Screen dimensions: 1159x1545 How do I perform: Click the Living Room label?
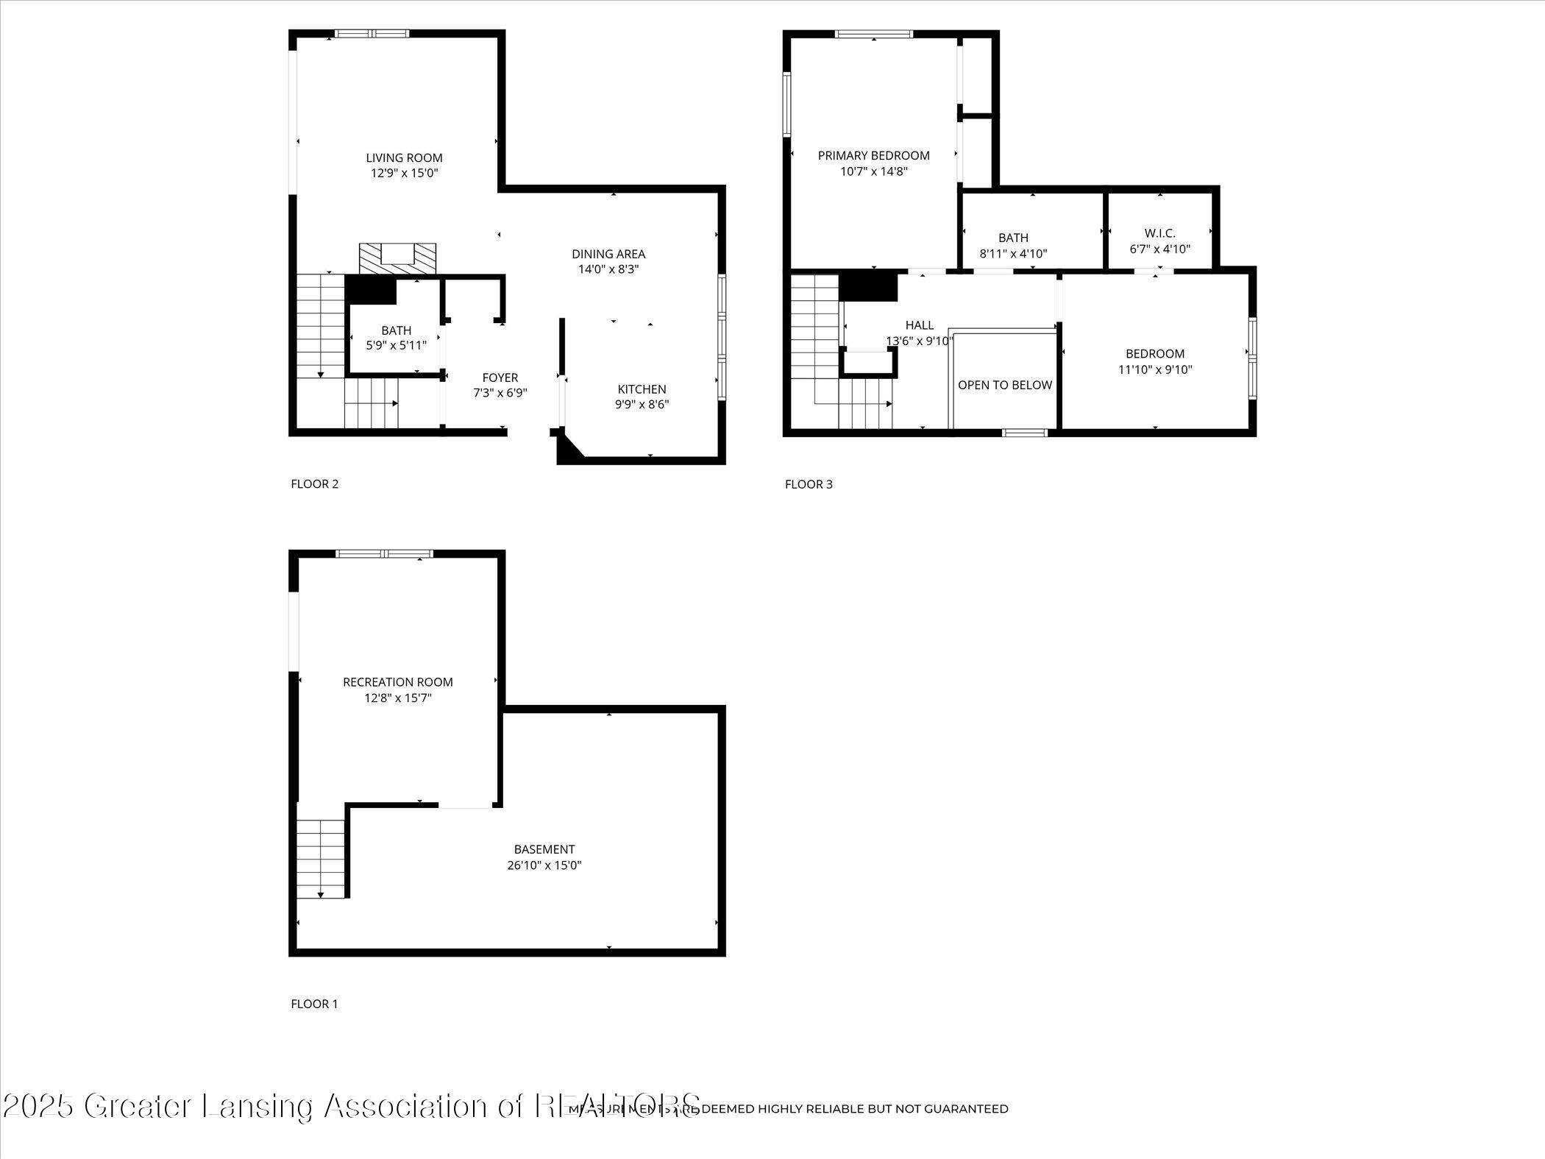(404, 157)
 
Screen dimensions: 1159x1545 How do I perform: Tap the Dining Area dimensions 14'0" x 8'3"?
(608, 269)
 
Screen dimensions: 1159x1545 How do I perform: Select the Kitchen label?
(642, 389)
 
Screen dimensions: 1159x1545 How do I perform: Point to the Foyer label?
(500, 378)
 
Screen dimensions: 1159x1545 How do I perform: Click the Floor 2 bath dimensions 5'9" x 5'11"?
(396, 345)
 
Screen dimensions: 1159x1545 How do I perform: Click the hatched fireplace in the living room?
(397, 258)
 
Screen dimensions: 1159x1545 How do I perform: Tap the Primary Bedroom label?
(873, 155)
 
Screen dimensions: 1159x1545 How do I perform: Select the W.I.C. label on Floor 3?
(1159, 233)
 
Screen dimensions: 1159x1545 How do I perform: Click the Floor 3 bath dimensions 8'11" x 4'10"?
(1013, 254)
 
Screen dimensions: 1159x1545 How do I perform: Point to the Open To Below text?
(1004, 385)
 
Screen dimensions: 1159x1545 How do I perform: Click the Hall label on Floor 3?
(919, 325)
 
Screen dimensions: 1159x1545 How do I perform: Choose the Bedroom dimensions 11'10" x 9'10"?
(1154, 369)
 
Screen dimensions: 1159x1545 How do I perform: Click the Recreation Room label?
(397, 682)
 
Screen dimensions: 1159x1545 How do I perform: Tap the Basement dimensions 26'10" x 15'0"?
(544, 865)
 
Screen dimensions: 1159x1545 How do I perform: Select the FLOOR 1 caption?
(314, 1004)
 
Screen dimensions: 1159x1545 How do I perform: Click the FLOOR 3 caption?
(809, 484)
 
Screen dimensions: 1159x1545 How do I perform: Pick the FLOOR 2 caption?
(314, 484)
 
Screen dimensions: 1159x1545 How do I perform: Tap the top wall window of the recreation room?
(384, 553)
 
